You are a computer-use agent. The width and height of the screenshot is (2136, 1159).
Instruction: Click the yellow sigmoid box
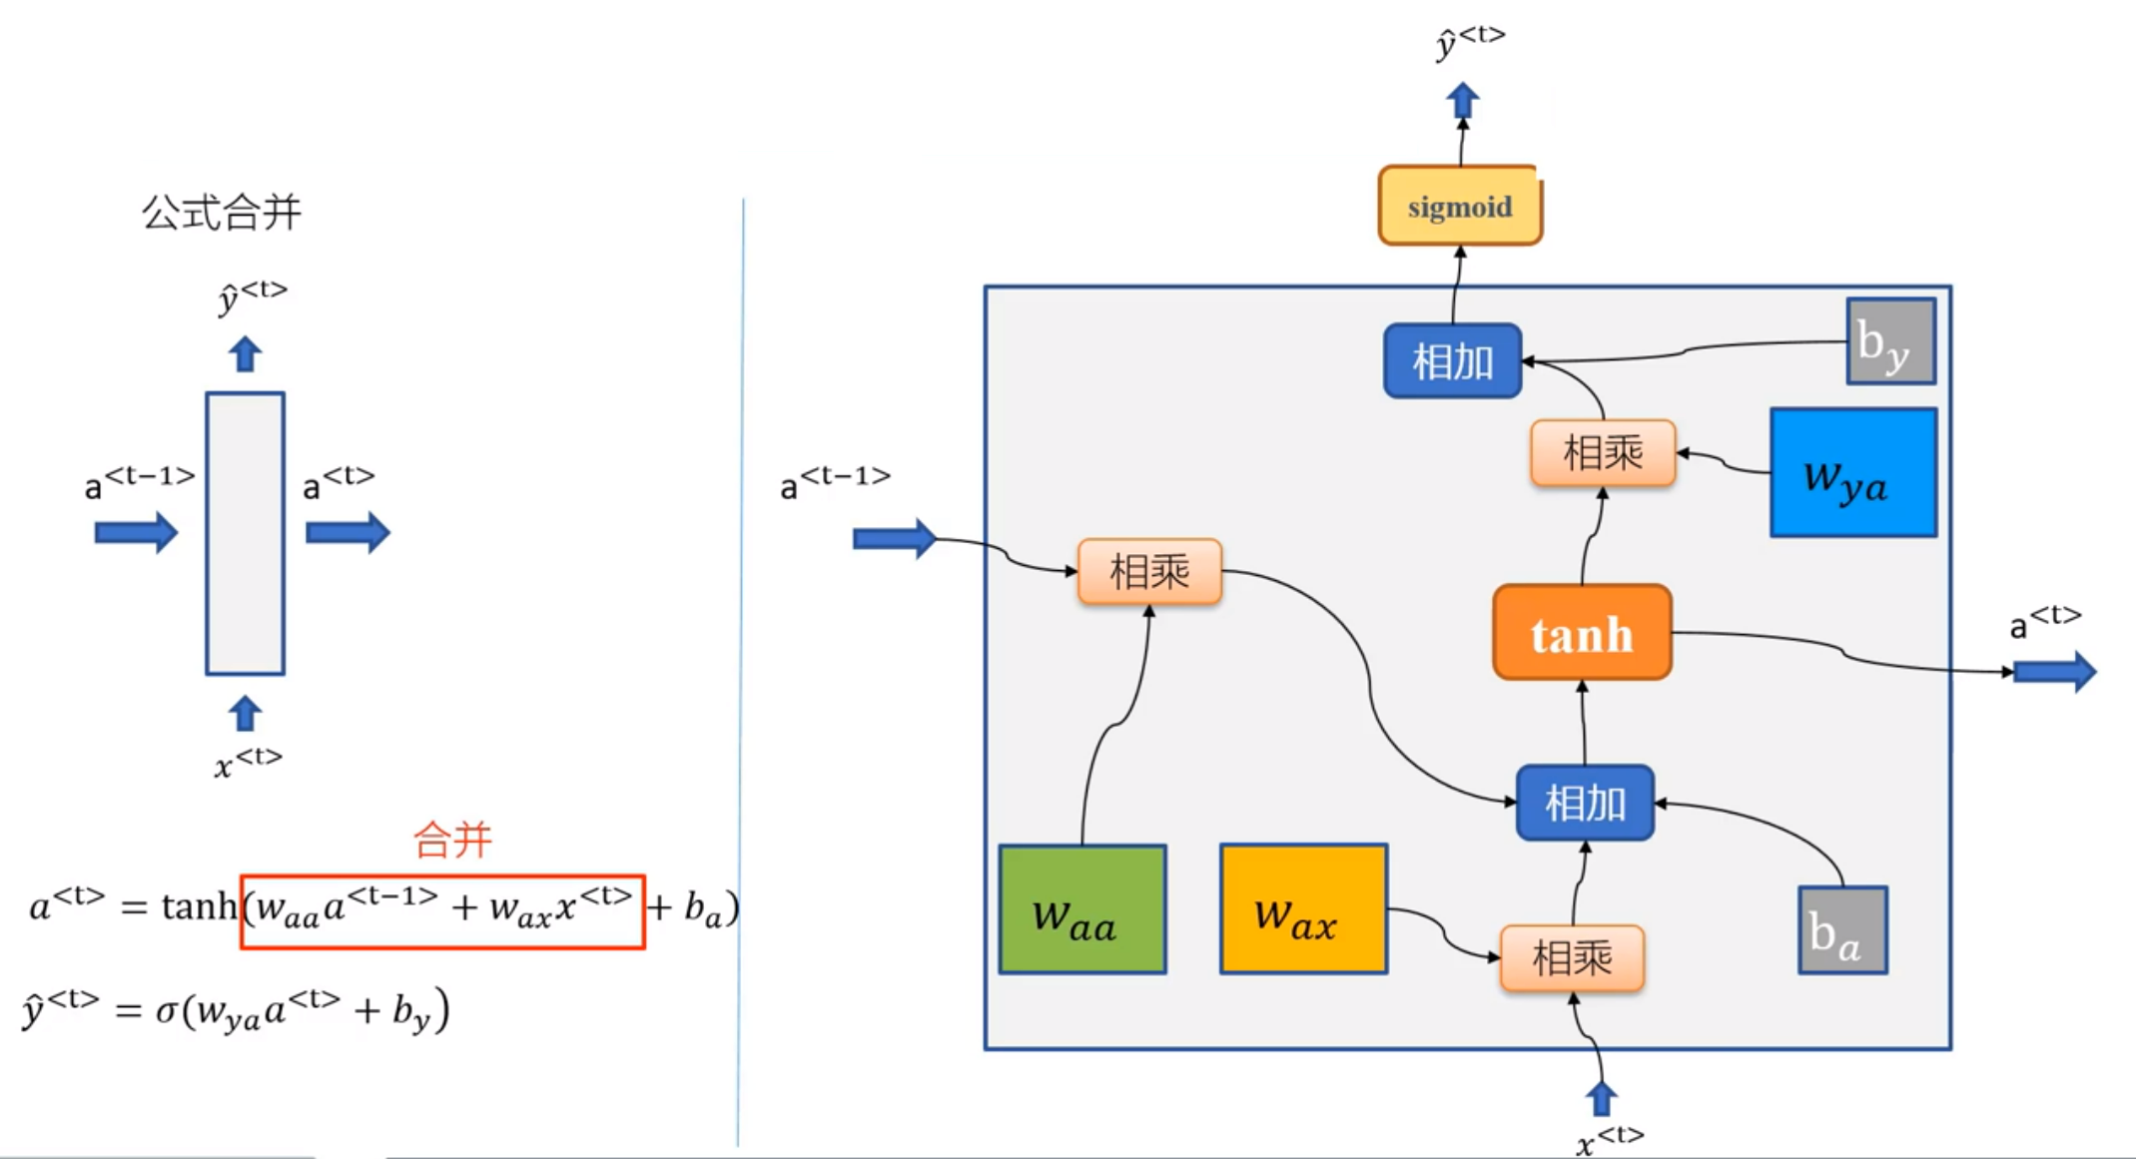pos(1460,206)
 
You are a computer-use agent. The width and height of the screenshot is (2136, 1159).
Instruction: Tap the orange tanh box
pos(1582,633)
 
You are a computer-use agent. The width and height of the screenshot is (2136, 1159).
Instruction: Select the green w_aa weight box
pos(1082,909)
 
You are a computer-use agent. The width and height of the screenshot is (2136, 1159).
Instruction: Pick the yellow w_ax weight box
pos(1303,909)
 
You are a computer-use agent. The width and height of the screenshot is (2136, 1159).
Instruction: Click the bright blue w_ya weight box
pos(1853,473)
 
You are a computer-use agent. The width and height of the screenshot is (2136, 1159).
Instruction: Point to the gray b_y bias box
pos(1890,341)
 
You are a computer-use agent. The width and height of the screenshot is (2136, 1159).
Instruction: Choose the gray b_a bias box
pos(1842,930)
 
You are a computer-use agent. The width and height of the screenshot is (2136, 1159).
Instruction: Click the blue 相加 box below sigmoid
pos(1452,361)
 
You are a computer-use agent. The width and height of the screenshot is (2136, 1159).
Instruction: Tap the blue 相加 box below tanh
pos(1585,803)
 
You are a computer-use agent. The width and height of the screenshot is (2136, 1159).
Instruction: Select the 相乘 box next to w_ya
pos(1603,453)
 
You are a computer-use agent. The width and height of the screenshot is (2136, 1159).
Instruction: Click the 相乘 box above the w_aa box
pos(1149,572)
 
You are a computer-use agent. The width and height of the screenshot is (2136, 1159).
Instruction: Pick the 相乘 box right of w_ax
pos(1572,958)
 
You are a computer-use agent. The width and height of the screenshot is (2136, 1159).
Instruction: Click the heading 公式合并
pos(221,213)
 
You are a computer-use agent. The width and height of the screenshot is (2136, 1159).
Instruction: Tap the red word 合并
pos(452,840)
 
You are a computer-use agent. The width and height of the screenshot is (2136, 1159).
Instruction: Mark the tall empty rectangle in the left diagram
pos(246,534)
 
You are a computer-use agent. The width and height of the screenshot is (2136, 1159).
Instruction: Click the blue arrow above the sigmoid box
pos(1463,101)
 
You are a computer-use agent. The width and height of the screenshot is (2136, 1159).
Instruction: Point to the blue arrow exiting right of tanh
pos(2053,671)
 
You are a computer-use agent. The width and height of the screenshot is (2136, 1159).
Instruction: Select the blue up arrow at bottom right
pos(1601,1098)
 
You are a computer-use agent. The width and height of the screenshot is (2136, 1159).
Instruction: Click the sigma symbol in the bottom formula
pos(167,1011)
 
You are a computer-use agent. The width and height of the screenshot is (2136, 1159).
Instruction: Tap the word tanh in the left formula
pos(199,906)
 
